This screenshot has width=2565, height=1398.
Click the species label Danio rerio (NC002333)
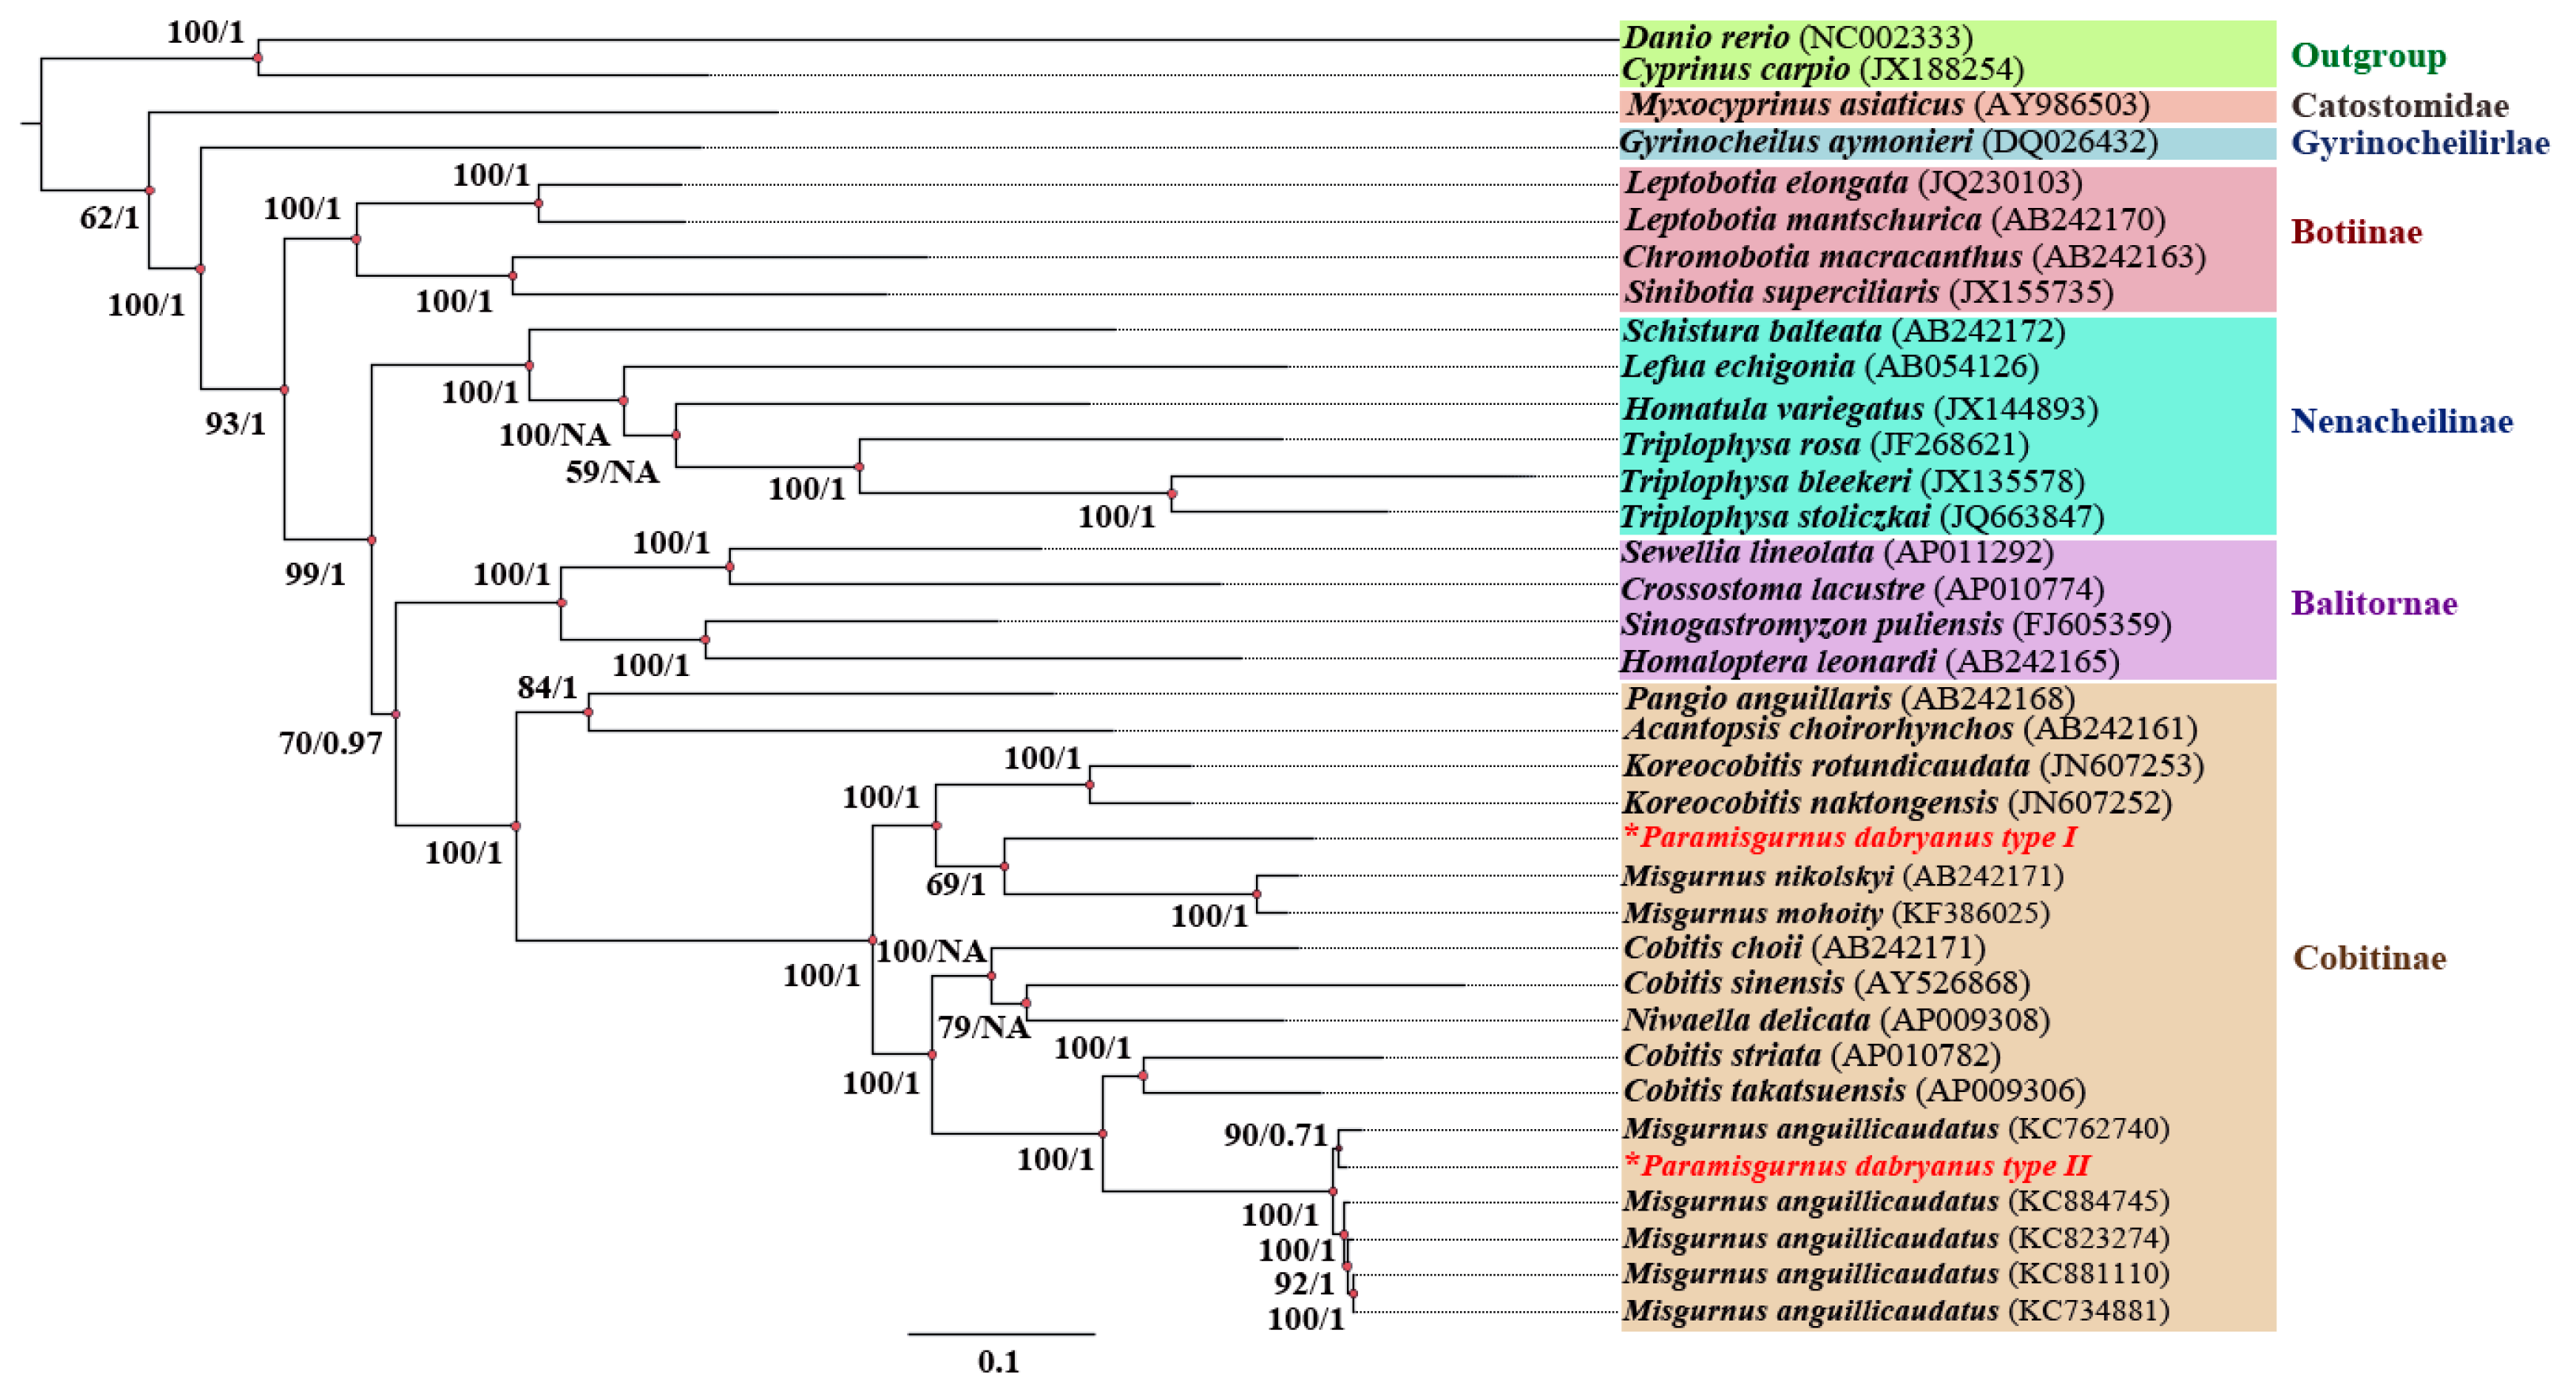(1796, 37)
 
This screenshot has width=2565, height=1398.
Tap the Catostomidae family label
(2400, 105)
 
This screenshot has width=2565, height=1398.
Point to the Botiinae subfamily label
(2356, 232)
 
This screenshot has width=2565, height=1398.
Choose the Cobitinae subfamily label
(2370, 958)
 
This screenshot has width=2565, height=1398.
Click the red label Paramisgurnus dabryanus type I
(1850, 837)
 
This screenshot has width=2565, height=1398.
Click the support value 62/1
(109, 217)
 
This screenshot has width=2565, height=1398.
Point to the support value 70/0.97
(331, 742)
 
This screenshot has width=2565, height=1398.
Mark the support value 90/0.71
(1276, 1135)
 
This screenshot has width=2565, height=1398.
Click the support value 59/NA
(612, 472)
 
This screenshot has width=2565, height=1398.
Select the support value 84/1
(547, 687)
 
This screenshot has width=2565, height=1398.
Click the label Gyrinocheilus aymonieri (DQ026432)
(1888, 142)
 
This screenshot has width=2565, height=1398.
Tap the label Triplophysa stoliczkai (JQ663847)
(1862, 517)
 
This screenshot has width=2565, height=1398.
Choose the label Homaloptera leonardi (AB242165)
(1870, 661)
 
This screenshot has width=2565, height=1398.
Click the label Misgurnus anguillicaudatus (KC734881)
(1896, 1310)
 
